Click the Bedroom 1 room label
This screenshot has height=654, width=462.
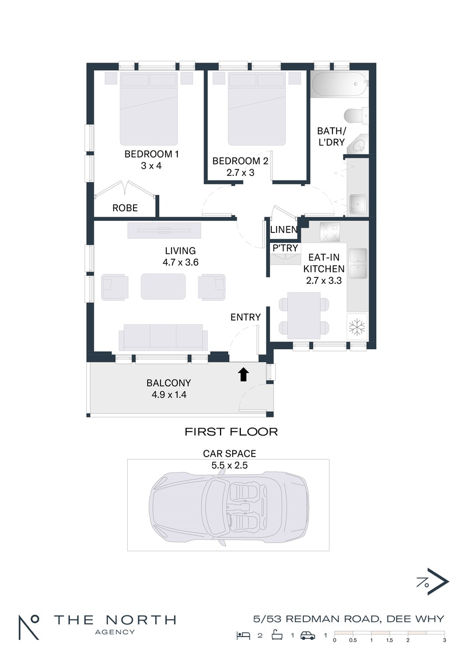pos(152,154)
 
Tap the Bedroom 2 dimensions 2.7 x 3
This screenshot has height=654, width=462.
pos(240,172)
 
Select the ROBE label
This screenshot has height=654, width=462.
pos(125,208)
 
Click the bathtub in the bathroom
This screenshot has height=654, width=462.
pos(339,85)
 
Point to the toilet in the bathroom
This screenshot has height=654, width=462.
pos(356,116)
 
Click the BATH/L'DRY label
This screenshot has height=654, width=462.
pos(331,137)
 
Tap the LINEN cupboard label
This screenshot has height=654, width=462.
pos(284,229)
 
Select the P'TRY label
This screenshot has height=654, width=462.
pos(285,248)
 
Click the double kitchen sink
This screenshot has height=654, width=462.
pos(358,263)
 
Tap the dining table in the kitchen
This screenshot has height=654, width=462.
pos(304,315)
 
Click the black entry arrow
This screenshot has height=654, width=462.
pos(244,374)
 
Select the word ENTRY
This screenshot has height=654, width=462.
pos(246,317)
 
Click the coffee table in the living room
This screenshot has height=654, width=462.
pos(163,287)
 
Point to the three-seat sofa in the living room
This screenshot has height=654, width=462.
pos(163,337)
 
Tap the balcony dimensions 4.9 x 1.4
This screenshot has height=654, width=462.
pos(169,395)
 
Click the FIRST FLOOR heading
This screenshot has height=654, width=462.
pos(231,432)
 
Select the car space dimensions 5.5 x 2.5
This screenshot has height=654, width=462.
pos(230,465)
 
